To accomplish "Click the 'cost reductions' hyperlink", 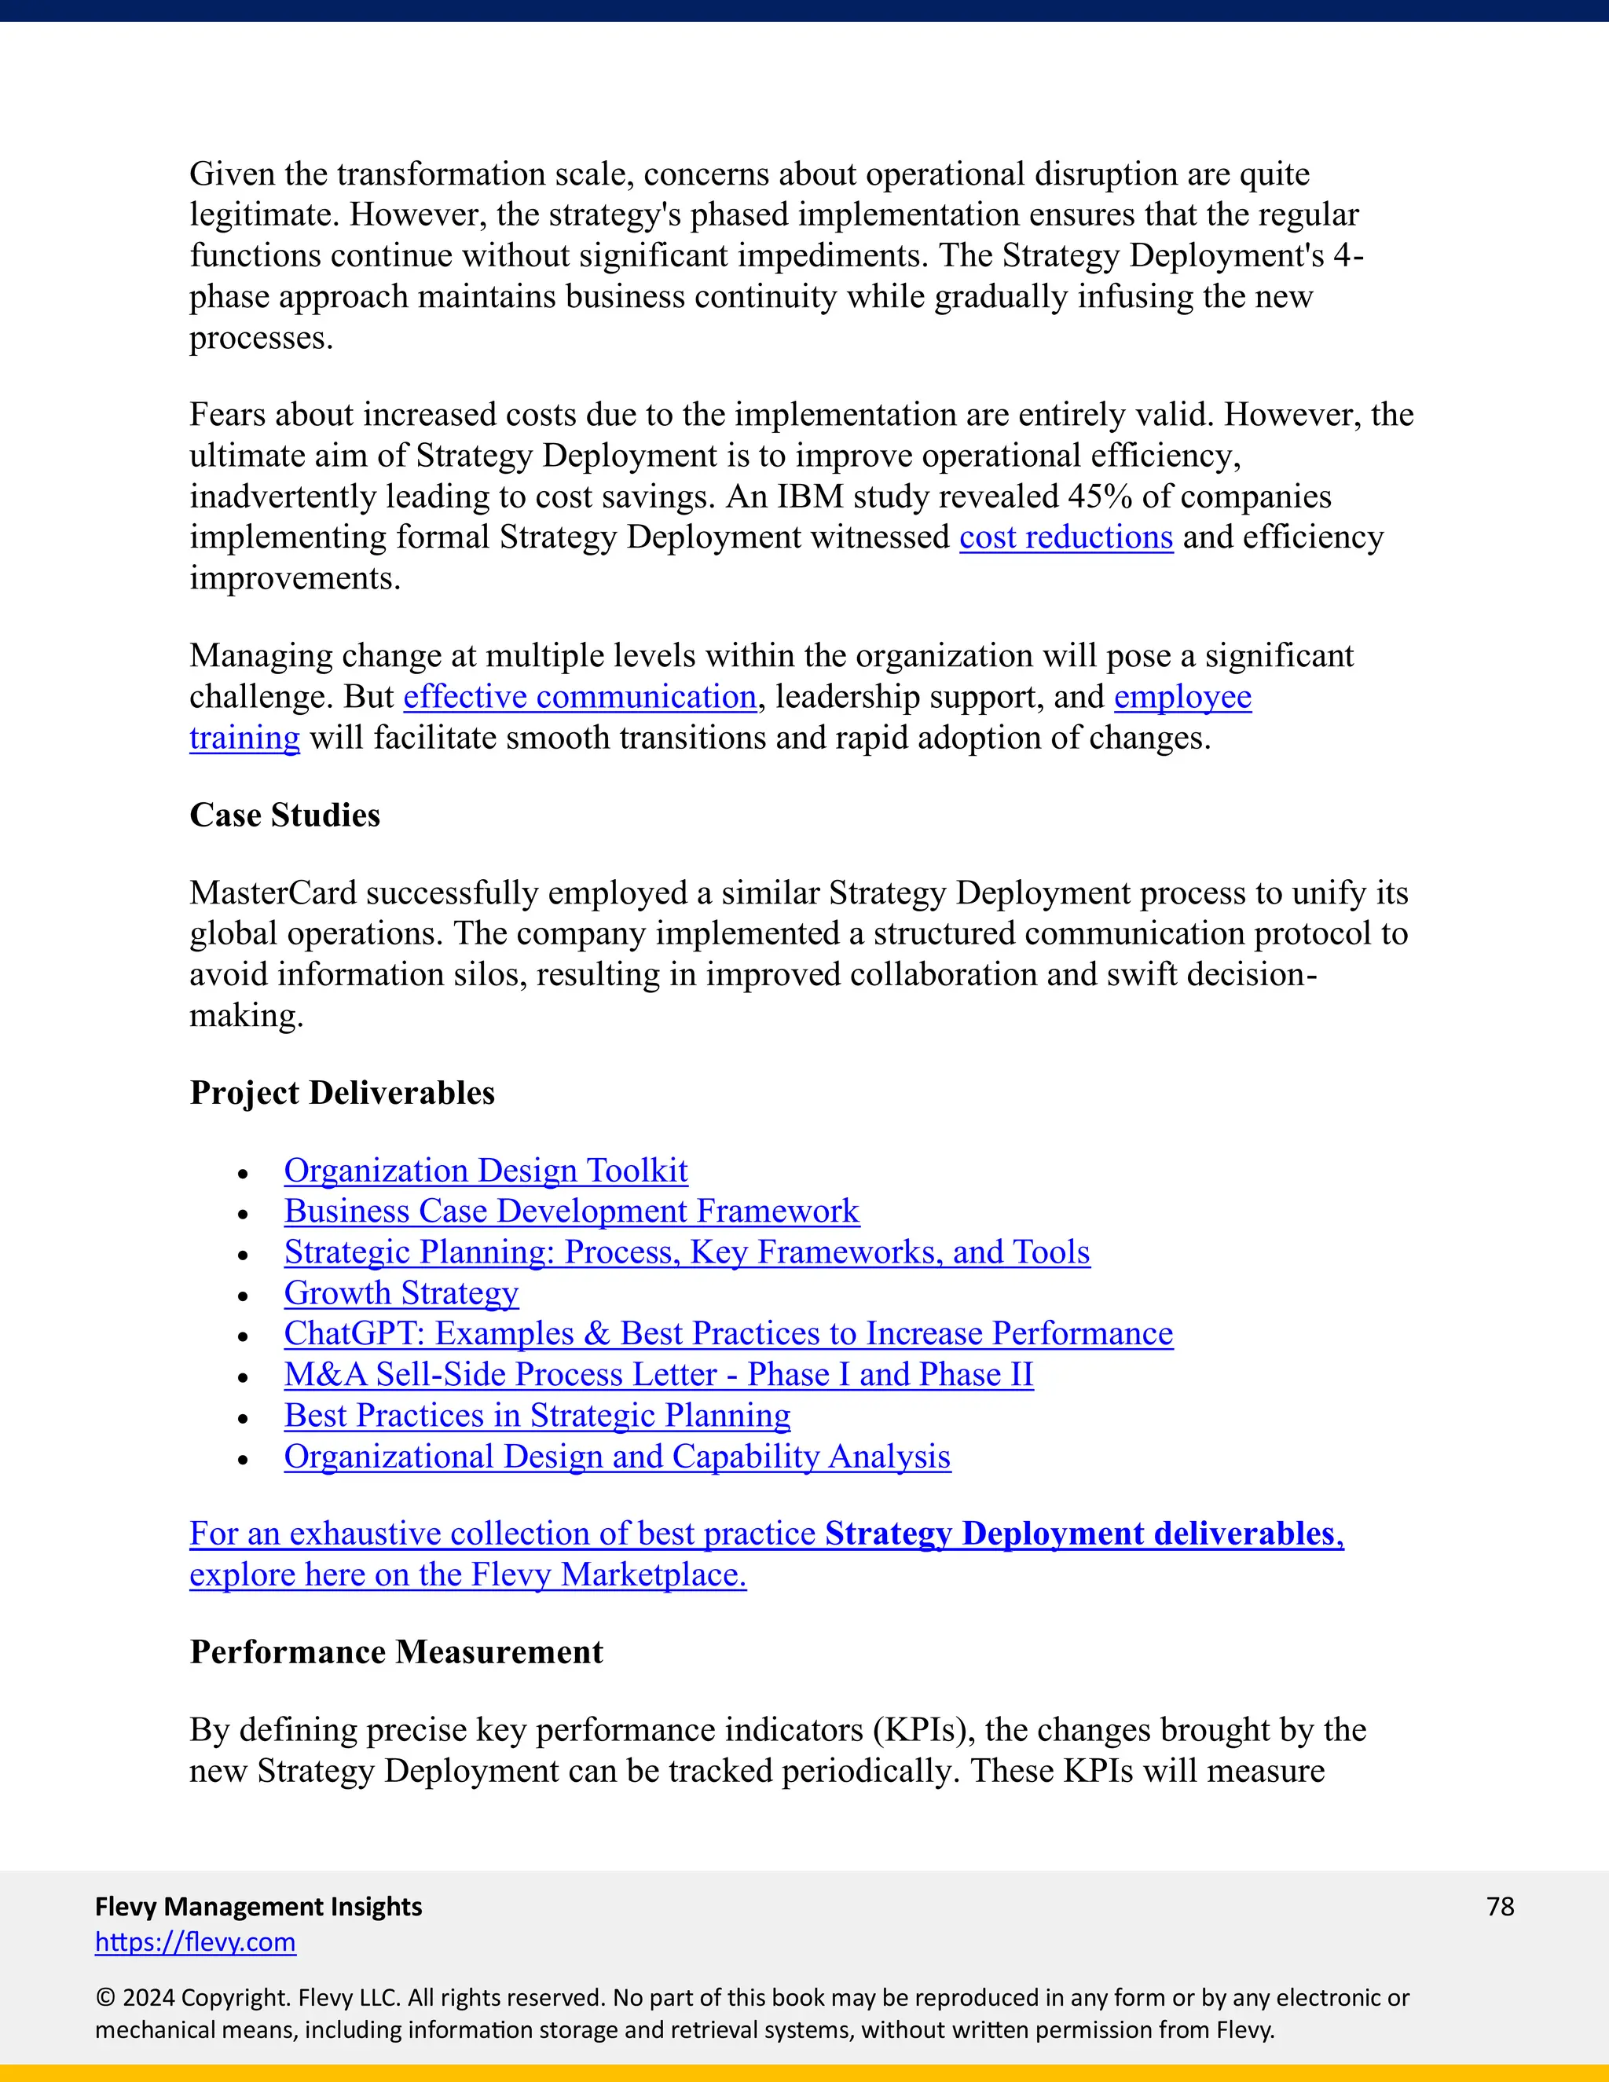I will point(1065,537).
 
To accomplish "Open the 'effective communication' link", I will point(580,697).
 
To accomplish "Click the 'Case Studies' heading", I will point(284,815).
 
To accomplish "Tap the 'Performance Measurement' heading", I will point(396,1652).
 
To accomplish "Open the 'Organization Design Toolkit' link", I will point(486,1171).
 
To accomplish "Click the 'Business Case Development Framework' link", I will point(571,1211).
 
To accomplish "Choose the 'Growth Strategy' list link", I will point(401,1294).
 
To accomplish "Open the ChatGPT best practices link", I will point(728,1334).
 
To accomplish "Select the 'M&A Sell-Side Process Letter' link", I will point(658,1375).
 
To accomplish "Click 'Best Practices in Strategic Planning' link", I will point(537,1416).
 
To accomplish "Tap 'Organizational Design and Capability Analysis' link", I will point(617,1457).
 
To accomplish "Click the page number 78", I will point(1499,1907).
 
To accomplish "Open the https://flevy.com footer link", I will point(196,1942).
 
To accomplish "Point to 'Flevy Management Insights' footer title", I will point(258,1907).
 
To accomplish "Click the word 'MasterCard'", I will point(273,893).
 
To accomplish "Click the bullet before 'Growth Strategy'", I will point(243,1296).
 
